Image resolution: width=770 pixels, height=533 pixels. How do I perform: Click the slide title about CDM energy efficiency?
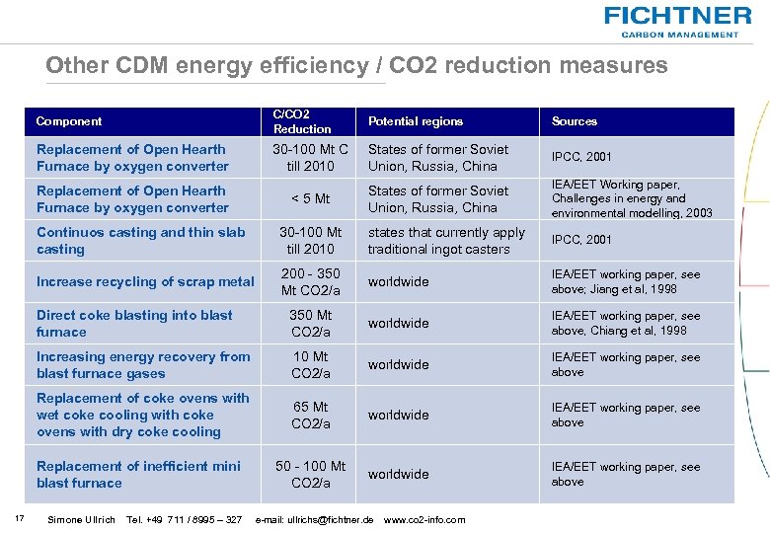[x=356, y=66]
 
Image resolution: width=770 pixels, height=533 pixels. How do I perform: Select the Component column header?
[x=69, y=121]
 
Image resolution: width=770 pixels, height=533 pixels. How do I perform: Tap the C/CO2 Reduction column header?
[x=302, y=121]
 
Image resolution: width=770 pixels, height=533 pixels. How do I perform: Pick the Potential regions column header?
[x=415, y=121]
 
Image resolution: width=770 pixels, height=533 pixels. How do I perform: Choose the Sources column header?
[x=575, y=121]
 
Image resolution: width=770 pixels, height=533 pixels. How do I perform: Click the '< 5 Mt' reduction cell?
[x=310, y=199]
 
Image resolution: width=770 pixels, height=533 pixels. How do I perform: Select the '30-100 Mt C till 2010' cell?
[x=310, y=158]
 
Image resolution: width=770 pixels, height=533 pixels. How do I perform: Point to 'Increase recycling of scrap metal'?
[x=145, y=281]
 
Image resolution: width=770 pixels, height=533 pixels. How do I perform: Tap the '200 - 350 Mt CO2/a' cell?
[x=310, y=281]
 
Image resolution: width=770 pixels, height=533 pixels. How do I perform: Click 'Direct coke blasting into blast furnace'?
[x=134, y=323]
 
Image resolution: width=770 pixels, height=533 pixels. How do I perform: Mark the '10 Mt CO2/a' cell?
[x=310, y=364]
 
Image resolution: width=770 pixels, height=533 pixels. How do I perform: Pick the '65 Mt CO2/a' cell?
[x=310, y=415]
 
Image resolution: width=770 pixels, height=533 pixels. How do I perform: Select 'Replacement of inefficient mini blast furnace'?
[x=138, y=474]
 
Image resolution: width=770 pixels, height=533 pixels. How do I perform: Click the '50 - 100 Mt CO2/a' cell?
[x=310, y=474]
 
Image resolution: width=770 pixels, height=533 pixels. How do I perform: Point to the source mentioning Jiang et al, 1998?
[x=626, y=281]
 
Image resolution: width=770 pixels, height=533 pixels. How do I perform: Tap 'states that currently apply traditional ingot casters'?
[x=446, y=241]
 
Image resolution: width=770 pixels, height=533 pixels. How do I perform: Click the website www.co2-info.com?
[x=424, y=520]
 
